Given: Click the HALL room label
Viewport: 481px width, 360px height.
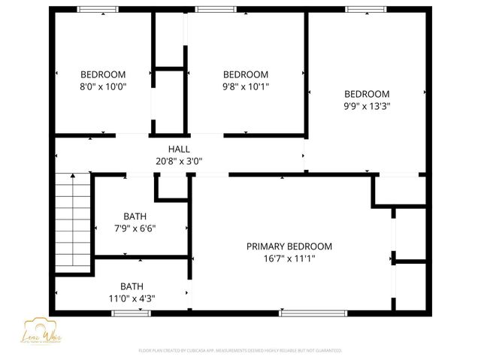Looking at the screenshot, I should point(179,149).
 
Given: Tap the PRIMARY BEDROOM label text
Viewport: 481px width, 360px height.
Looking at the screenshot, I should point(289,247).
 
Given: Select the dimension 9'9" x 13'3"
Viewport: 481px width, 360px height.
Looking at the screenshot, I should point(367,106).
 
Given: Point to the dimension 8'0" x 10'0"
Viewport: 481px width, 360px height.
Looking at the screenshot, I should point(103,86).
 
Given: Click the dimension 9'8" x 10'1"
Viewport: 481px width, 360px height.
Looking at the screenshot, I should point(246,86).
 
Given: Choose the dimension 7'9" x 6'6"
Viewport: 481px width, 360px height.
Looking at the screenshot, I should point(135,228).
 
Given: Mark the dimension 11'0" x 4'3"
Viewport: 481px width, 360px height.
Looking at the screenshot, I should point(132,298).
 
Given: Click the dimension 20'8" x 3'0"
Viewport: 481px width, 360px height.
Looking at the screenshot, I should point(179,161).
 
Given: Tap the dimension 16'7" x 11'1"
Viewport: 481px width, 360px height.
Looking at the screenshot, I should point(289,259).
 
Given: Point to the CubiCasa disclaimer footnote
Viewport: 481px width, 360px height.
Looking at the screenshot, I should point(240,350).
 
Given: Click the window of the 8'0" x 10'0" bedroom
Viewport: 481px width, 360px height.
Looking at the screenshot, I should point(98,9).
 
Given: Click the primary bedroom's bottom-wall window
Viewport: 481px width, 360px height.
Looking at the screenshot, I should point(301,313).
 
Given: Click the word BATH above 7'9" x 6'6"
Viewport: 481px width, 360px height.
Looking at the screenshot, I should point(135,216).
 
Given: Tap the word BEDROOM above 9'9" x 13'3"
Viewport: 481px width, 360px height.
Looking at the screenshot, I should point(367,94).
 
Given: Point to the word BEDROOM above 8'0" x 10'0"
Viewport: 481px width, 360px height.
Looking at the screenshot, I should point(103,74).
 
